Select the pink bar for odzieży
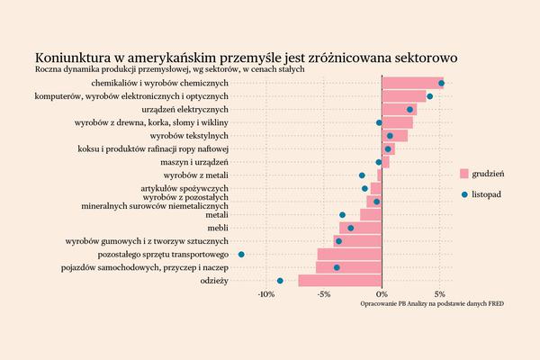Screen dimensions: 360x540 (340, 281)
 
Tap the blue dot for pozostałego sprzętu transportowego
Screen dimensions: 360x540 (241, 255)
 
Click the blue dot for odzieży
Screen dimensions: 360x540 (281, 281)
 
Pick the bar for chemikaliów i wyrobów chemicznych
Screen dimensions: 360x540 (412, 83)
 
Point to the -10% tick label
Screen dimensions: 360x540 (266, 294)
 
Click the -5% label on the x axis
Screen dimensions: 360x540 (324, 294)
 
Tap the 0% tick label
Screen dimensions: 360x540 (382, 294)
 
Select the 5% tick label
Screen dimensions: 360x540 (439, 294)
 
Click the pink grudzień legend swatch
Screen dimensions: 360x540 (464, 173)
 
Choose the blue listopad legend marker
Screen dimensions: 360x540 (464, 193)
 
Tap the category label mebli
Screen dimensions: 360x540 (217, 229)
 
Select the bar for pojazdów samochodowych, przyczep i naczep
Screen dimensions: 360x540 (349, 267)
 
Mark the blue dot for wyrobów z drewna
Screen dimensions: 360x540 (379, 122)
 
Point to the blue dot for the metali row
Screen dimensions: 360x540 (343, 215)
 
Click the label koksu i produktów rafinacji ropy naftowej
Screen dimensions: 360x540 (154, 148)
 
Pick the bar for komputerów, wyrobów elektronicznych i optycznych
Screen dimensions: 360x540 (404, 95)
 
